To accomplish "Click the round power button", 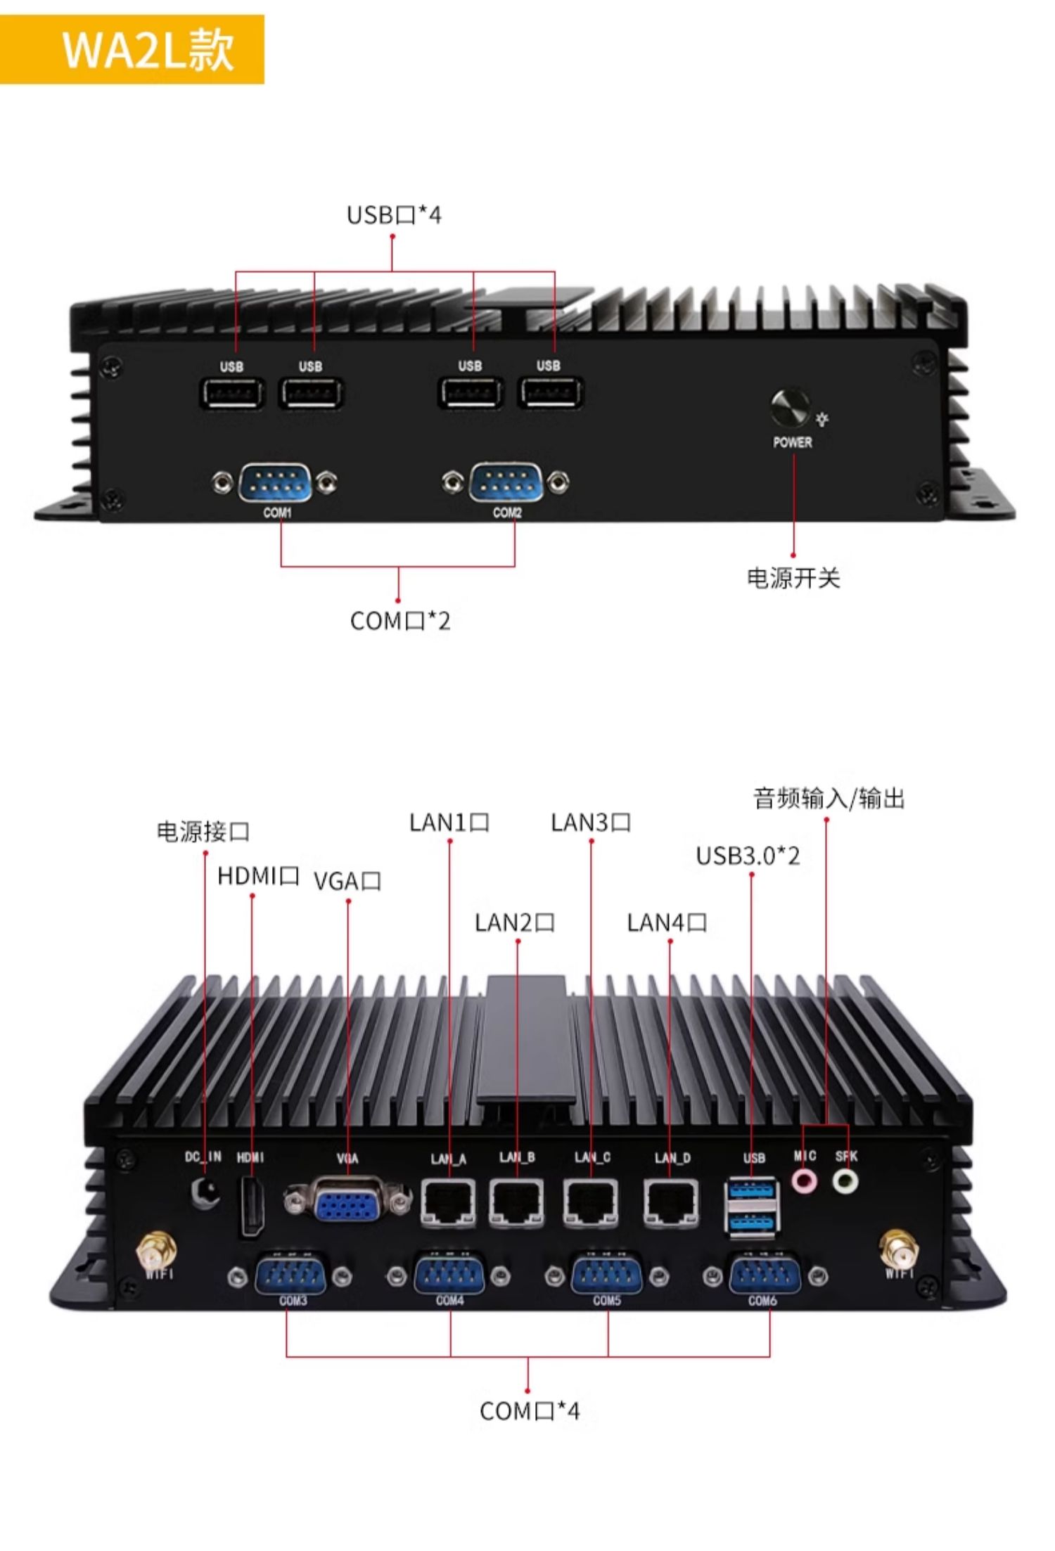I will point(790,408).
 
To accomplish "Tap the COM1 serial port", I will point(275,483).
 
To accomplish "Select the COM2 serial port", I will point(506,483).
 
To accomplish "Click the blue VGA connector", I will point(347,1207).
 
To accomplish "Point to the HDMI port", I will point(251,1206).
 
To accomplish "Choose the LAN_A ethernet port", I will point(448,1204).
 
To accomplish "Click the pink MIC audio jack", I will point(805,1180).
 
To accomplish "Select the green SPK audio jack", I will point(845,1180).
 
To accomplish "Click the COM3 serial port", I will point(290,1275).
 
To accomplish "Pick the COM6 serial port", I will point(765,1275).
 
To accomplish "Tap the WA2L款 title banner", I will point(132,49).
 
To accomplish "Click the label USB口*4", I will point(394,215).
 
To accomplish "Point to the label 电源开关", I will point(793,578).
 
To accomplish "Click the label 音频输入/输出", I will point(829,799).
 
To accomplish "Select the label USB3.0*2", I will point(748,856).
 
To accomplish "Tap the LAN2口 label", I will point(515,922).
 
